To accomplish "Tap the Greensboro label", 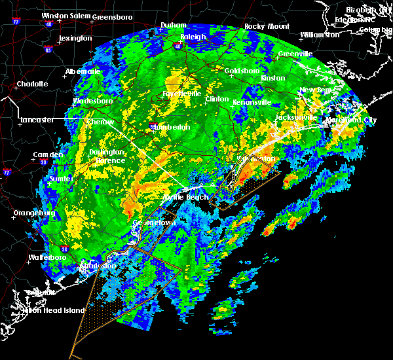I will click(x=113, y=16).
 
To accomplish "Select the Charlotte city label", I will click(x=33, y=84).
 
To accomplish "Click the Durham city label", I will click(x=174, y=26).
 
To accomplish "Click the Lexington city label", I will click(x=75, y=39).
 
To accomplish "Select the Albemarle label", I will click(x=83, y=71).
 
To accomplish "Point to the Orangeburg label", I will click(x=34, y=213).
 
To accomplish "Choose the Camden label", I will click(x=48, y=155).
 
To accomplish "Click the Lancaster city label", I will click(x=37, y=120).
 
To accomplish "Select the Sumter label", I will click(x=60, y=179).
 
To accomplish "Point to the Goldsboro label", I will click(x=242, y=71).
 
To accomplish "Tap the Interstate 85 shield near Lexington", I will click(x=48, y=50).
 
